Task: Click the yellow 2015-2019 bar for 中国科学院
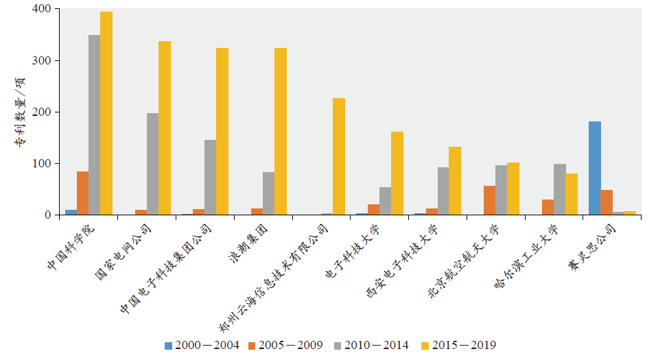click(106, 113)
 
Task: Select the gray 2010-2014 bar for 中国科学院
click(94, 125)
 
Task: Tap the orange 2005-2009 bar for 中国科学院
click(82, 193)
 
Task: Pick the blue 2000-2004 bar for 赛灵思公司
click(595, 168)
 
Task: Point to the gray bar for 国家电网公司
click(152, 164)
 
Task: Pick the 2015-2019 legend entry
click(458, 345)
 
